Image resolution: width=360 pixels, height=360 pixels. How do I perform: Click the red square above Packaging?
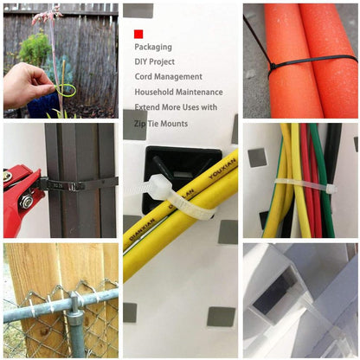click(138, 34)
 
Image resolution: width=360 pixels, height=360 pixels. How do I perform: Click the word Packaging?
click(154, 47)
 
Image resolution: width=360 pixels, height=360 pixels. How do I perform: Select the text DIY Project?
click(156, 61)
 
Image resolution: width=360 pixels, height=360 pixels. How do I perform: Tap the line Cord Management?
click(169, 77)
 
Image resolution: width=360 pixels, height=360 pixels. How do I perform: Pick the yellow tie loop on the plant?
click(66, 89)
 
